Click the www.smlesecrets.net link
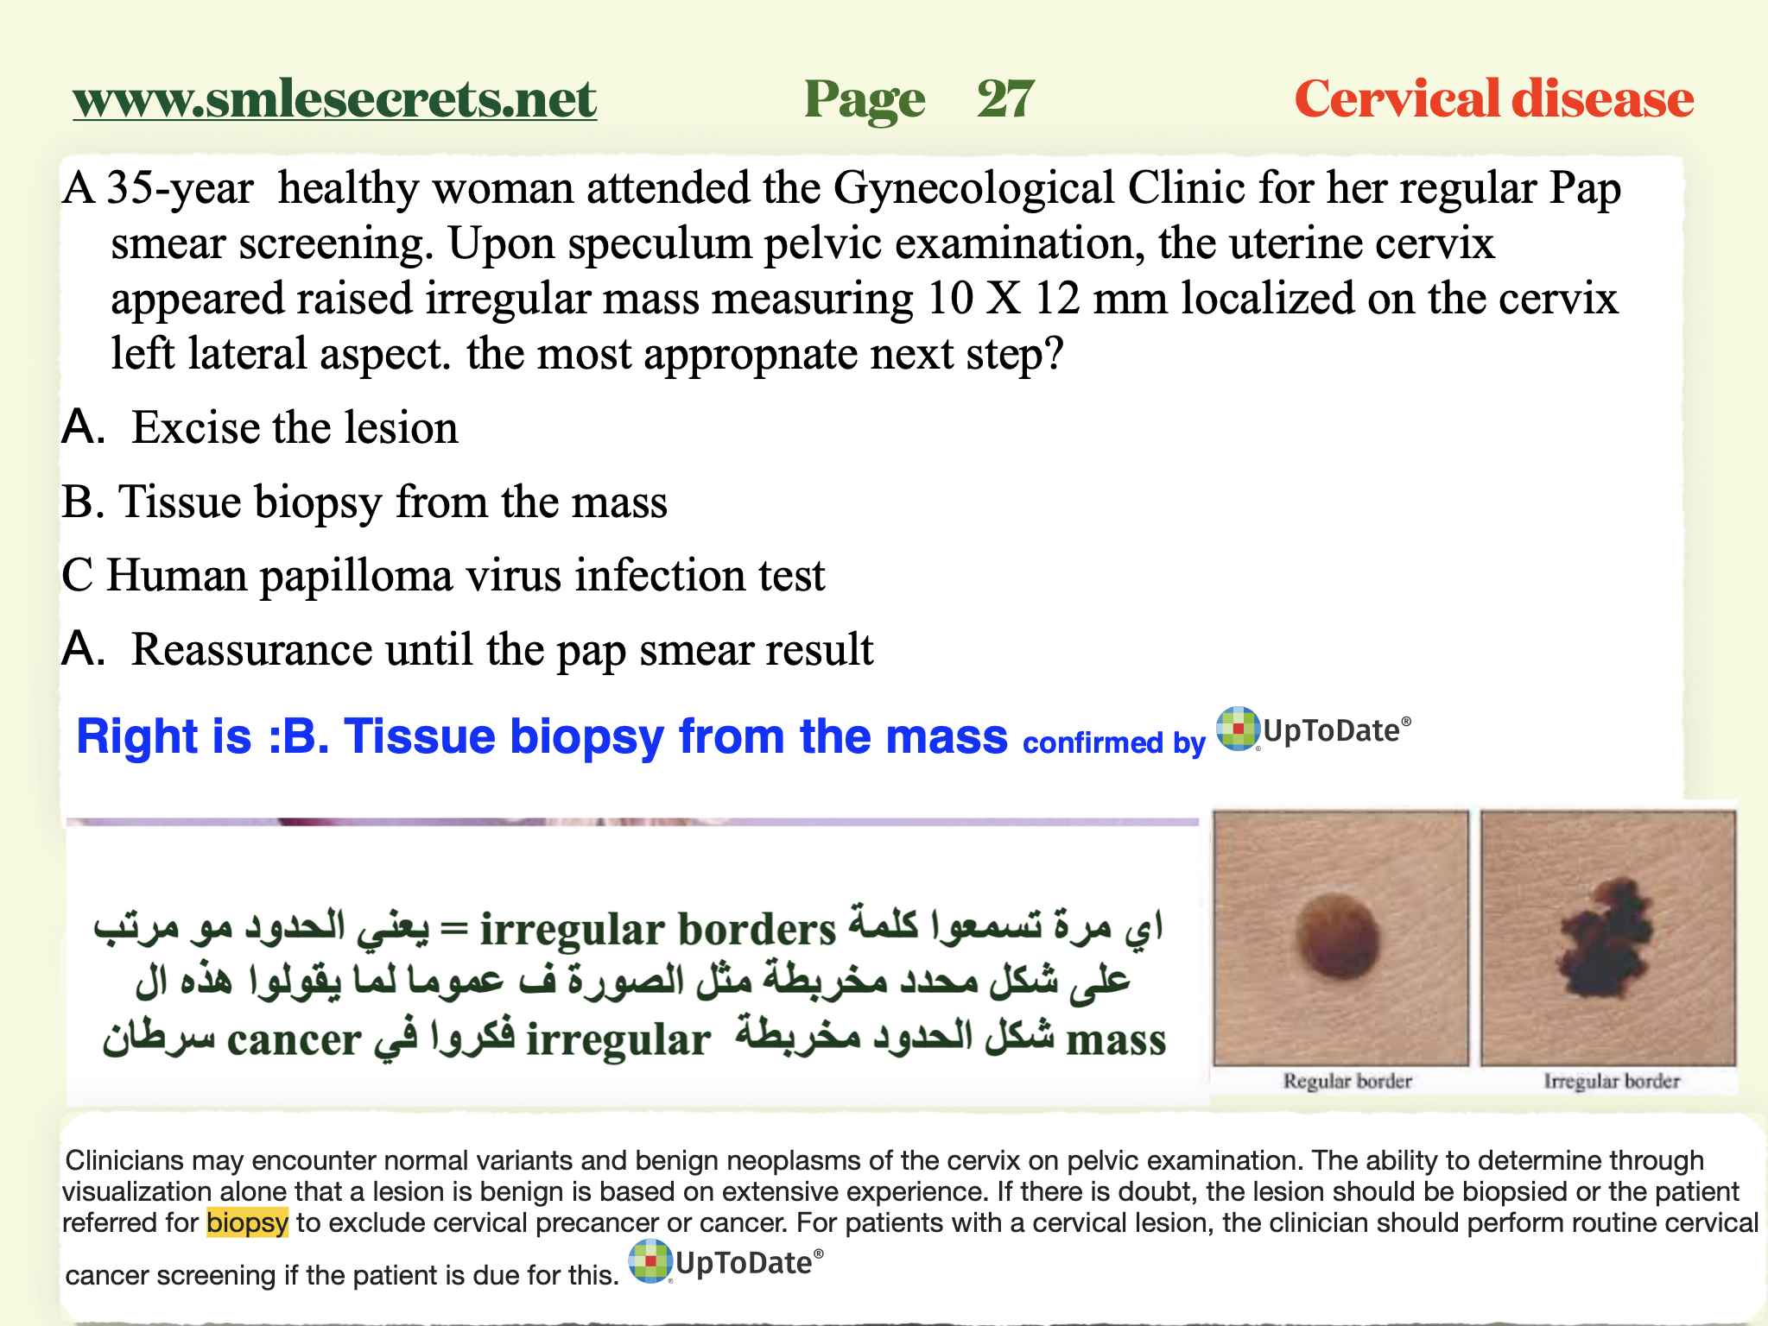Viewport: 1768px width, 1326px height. pyautogui.click(x=334, y=99)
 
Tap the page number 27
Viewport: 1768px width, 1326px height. pyautogui.click(x=1005, y=99)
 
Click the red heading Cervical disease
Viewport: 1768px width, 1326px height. pyautogui.click(x=1493, y=99)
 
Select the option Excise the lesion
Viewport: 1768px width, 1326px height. pyautogui.click(x=294, y=428)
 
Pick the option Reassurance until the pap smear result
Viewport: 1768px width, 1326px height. pyautogui.click(x=501, y=650)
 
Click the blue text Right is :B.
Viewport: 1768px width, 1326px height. pyautogui.click(x=202, y=736)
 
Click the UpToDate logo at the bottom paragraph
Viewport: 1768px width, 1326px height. pyautogui.click(x=726, y=1262)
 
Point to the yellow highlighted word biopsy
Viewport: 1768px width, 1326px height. pyautogui.click(x=247, y=1222)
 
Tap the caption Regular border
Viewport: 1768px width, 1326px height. pyautogui.click(x=1347, y=1081)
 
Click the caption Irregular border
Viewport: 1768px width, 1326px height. pyautogui.click(x=1612, y=1081)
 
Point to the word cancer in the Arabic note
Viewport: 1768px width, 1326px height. pyautogui.click(x=294, y=1039)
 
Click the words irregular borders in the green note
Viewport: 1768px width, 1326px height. pyautogui.click(x=657, y=930)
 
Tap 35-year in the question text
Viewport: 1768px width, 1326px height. pyautogui.click(x=180, y=188)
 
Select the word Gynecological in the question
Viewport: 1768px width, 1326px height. pyautogui.click(x=973, y=188)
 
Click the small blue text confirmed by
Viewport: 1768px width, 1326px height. pyautogui.click(x=1113, y=742)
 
